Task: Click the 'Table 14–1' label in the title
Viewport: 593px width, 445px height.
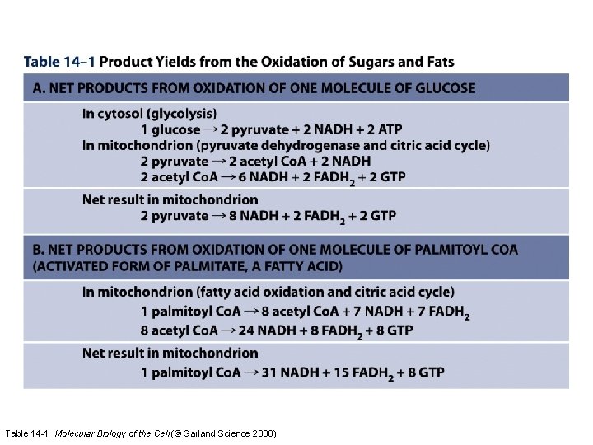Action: coord(59,62)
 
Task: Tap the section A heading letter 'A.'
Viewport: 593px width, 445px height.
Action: coord(39,88)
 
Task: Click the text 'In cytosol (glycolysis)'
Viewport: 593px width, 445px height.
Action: coord(149,114)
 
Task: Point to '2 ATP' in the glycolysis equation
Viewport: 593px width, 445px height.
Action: coord(381,129)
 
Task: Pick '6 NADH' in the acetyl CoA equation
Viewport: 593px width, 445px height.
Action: coord(247,176)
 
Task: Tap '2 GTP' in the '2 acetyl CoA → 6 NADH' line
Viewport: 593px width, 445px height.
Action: coord(383,176)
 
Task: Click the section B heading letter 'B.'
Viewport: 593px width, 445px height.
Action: coord(39,250)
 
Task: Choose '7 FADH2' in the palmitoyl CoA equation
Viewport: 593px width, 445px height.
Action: coord(443,311)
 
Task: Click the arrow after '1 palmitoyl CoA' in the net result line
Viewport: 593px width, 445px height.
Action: coord(251,372)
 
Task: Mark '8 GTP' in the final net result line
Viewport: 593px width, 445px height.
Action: coord(425,372)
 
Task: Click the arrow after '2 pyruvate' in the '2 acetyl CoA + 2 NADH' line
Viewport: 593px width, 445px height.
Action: coord(218,161)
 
